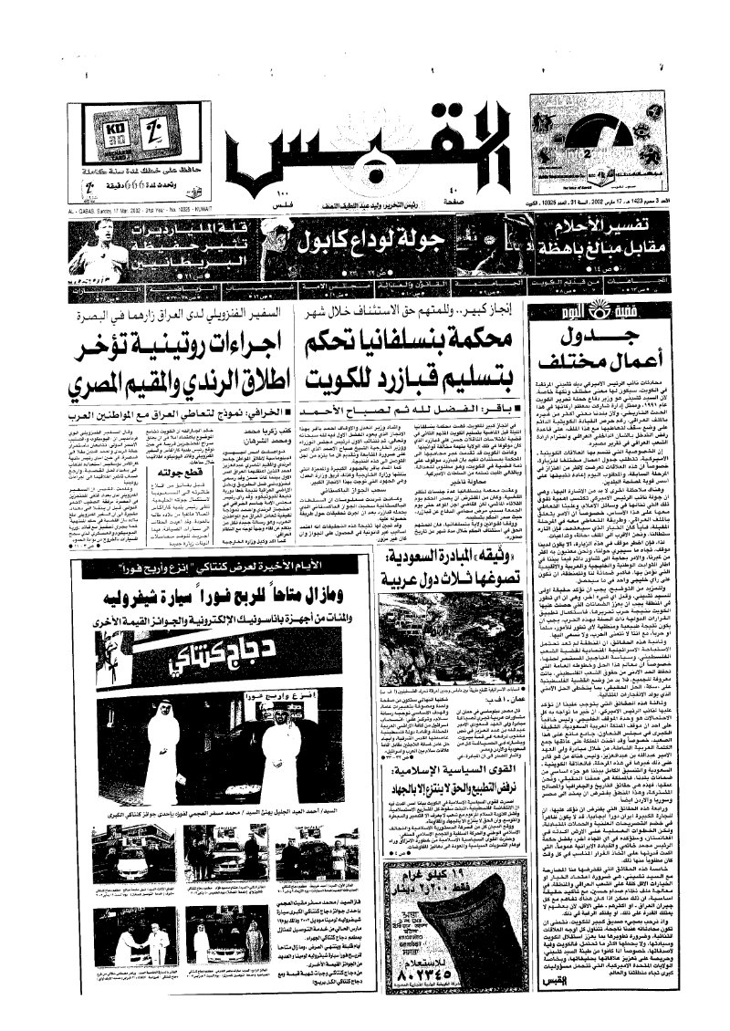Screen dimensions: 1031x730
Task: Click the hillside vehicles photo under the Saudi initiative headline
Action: [x=451, y=635]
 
